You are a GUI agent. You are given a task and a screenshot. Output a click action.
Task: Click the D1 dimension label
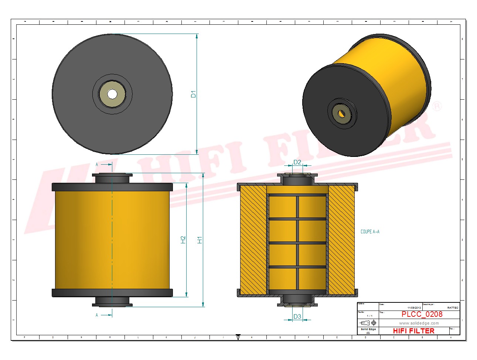click(x=193, y=94)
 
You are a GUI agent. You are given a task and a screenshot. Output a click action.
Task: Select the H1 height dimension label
click(x=200, y=240)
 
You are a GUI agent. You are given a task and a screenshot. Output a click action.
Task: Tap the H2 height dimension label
click(x=183, y=240)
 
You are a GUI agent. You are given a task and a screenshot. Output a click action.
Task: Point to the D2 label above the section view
click(x=297, y=162)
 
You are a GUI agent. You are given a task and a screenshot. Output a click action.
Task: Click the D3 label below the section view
click(x=297, y=316)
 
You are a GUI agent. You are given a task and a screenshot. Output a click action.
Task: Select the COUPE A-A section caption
click(x=370, y=232)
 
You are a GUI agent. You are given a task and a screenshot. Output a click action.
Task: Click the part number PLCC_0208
click(x=422, y=314)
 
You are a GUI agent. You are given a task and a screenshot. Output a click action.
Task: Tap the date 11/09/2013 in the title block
click(x=414, y=308)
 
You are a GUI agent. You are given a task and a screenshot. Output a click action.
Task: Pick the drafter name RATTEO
click(x=452, y=308)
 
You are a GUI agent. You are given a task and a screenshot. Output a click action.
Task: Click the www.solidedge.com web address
click(x=419, y=323)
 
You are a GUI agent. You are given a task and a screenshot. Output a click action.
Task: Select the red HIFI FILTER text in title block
click(x=413, y=331)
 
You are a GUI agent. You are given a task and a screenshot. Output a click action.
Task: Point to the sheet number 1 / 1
click(x=369, y=316)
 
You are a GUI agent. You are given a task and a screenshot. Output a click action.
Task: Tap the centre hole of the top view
click(x=112, y=94)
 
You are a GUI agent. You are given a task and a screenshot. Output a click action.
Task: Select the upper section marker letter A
click(x=97, y=164)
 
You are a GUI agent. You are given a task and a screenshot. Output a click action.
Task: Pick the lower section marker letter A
click(x=97, y=315)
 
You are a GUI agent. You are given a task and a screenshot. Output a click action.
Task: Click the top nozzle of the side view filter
click(x=112, y=178)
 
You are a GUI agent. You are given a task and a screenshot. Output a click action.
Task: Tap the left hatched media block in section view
click(x=253, y=240)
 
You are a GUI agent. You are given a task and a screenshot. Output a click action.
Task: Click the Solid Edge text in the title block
click(x=368, y=329)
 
